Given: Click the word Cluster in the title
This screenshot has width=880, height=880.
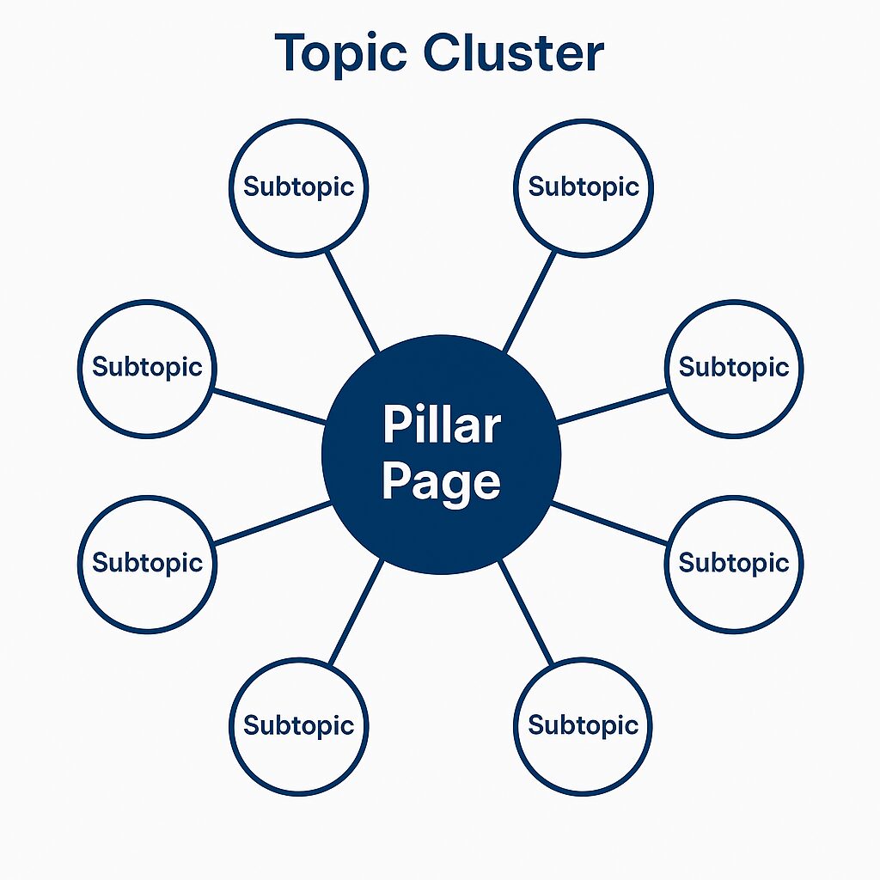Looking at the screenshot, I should point(514,52).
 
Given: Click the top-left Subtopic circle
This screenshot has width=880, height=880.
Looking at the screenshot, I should point(298,186).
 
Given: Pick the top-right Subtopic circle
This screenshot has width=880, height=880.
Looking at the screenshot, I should point(584,186).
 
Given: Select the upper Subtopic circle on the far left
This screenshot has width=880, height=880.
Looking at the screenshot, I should point(146,367).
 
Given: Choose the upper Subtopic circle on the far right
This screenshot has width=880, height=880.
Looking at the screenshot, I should point(734,367).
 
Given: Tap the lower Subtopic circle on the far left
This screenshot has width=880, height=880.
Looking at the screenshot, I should point(146,563).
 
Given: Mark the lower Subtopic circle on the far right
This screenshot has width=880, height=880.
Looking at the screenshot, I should point(734,563).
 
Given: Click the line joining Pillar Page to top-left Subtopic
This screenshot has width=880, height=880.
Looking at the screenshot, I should point(353,302).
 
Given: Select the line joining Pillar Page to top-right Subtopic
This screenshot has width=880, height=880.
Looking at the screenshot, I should point(529,302).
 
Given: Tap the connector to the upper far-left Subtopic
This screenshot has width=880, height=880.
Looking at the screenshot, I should point(270,406).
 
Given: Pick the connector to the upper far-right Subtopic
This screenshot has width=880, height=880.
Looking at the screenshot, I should point(612,406).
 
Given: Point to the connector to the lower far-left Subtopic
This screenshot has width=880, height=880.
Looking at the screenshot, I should point(272,523).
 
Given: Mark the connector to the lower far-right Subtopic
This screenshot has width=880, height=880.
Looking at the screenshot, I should point(609,523).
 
